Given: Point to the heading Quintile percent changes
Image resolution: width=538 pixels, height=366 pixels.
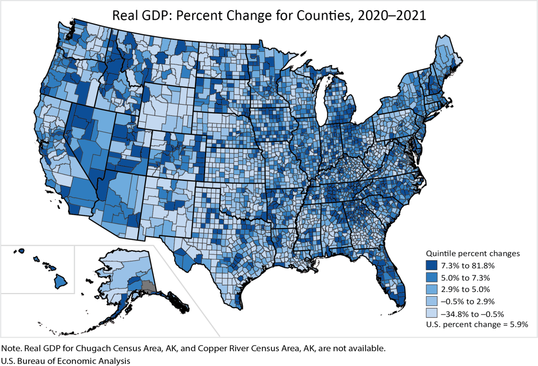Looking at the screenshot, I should pos(473,253).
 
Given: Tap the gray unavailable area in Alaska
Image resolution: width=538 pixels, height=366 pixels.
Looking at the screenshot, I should pos(147,287).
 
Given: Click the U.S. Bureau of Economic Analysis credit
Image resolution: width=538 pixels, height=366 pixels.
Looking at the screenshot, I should pos(66,360).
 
